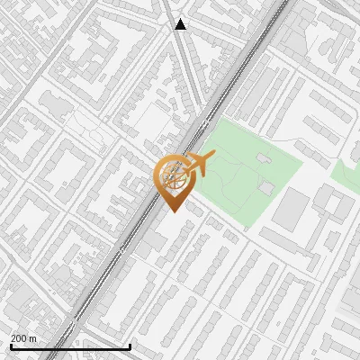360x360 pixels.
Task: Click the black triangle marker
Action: [181, 24]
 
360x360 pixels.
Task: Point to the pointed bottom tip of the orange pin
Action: [173, 211]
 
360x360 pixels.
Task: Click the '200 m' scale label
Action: [23, 338]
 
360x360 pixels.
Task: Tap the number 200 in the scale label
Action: [19, 338]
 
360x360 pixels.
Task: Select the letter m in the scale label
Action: [33, 338]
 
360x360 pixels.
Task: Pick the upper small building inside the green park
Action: [263, 158]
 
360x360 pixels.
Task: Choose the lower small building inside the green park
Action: [267, 187]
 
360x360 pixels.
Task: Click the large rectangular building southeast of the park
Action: [292, 209]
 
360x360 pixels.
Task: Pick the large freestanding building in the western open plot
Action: [56, 106]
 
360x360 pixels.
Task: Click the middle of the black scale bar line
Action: [70, 346]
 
